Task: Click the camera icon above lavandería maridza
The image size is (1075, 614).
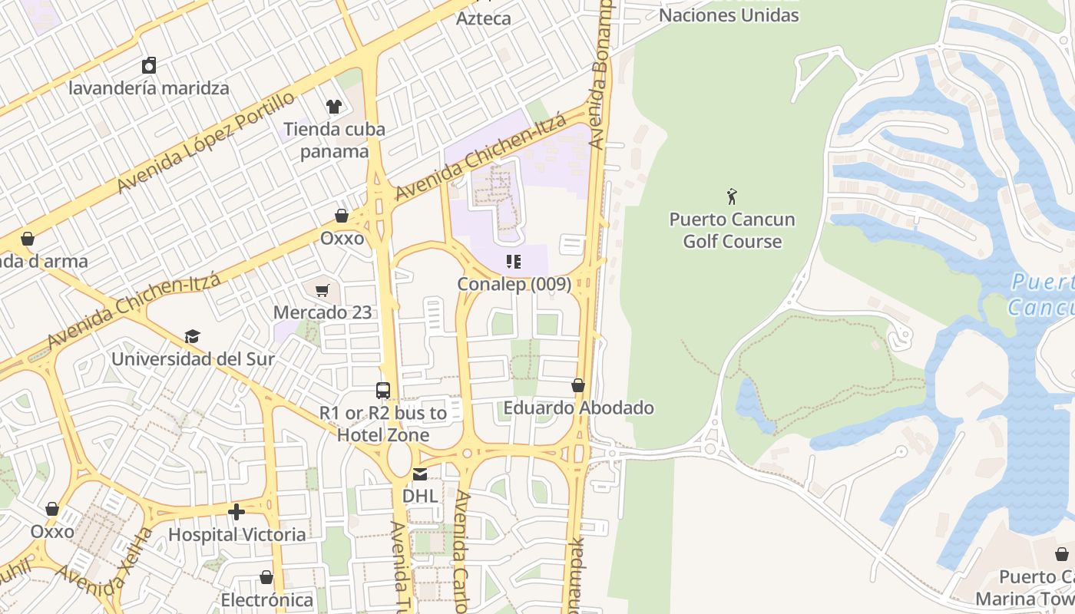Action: (149, 65)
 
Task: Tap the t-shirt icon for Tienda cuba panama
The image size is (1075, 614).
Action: (333, 106)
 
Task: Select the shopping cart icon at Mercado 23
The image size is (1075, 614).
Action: (322, 290)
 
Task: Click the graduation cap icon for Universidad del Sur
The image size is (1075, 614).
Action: (192, 336)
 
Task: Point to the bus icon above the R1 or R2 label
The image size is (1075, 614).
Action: (383, 390)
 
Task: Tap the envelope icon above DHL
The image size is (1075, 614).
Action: (420, 474)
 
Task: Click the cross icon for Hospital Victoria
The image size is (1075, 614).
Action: (237, 511)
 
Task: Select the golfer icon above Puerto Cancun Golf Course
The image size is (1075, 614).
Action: (732, 196)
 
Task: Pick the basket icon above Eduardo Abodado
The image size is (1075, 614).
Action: (578, 385)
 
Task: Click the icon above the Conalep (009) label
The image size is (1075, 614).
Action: (514, 262)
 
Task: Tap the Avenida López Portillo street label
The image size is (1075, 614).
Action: (205, 142)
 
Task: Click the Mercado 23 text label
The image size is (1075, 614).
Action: (322, 312)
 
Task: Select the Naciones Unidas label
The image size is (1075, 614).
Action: (729, 15)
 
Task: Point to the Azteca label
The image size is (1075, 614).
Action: (483, 18)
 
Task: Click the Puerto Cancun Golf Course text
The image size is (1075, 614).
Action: (732, 230)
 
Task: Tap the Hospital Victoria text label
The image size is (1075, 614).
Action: (237, 534)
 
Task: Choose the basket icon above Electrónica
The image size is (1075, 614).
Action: (266, 577)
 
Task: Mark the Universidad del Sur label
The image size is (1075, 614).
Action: (193, 358)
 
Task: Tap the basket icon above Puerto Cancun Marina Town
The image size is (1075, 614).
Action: (1061, 554)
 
